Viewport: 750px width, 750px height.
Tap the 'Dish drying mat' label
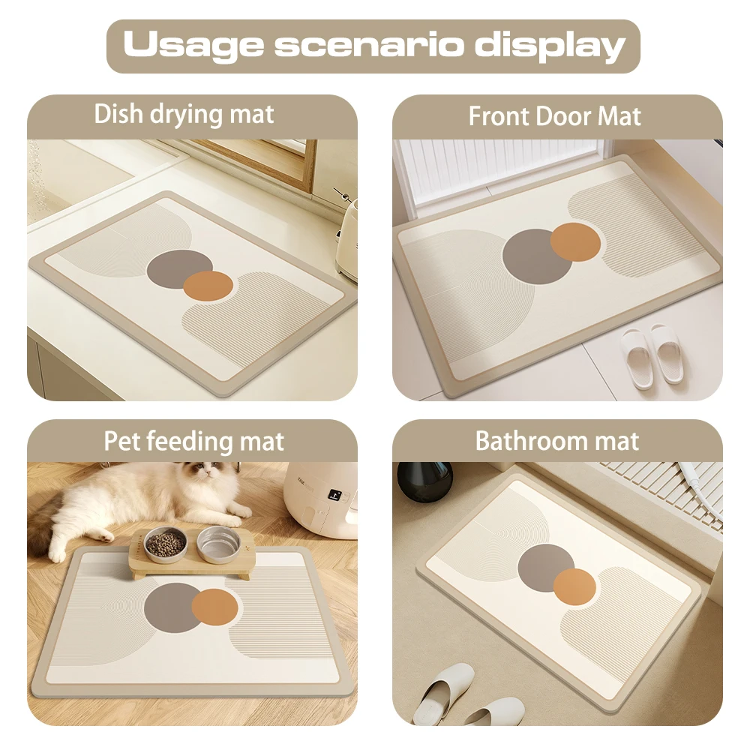tap(184, 115)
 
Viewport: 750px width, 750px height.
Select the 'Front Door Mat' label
tap(554, 116)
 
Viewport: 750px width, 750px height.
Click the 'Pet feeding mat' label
tap(193, 441)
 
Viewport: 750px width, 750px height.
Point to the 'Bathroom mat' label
tap(557, 441)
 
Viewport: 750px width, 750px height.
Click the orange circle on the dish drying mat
tap(208, 286)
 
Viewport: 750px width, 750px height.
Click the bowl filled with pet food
tap(165, 544)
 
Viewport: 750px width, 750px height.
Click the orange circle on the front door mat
tap(576, 242)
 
